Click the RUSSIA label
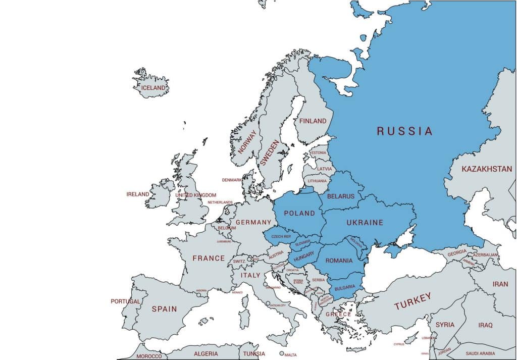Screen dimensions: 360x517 click(x=404, y=131)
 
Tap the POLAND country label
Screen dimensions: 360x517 click(x=299, y=213)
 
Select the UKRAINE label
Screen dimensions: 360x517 click(x=365, y=223)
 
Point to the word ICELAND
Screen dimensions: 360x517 click(x=153, y=88)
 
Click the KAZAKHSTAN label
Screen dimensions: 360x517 click(x=487, y=169)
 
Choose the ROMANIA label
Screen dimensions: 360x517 click(x=339, y=261)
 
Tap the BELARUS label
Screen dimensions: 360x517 click(x=341, y=196)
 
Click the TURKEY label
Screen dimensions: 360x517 click(x=413, y=301)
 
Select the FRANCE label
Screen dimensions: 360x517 click(x=209, y=258)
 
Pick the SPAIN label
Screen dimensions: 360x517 click(x=164, y=309)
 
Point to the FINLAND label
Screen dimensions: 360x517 click(x=313, y=121)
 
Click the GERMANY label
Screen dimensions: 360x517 click(x=254, y=223)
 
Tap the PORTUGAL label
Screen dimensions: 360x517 click(x=126, y=301)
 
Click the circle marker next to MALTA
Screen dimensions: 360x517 click(x=282, y=353)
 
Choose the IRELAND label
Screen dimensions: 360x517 click(x=138, y=194)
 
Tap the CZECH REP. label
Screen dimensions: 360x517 click(x=281, y=236)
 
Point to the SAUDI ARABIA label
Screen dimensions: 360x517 click(x=480, y=353)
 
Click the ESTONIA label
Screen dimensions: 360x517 click(x=319, y=153)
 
